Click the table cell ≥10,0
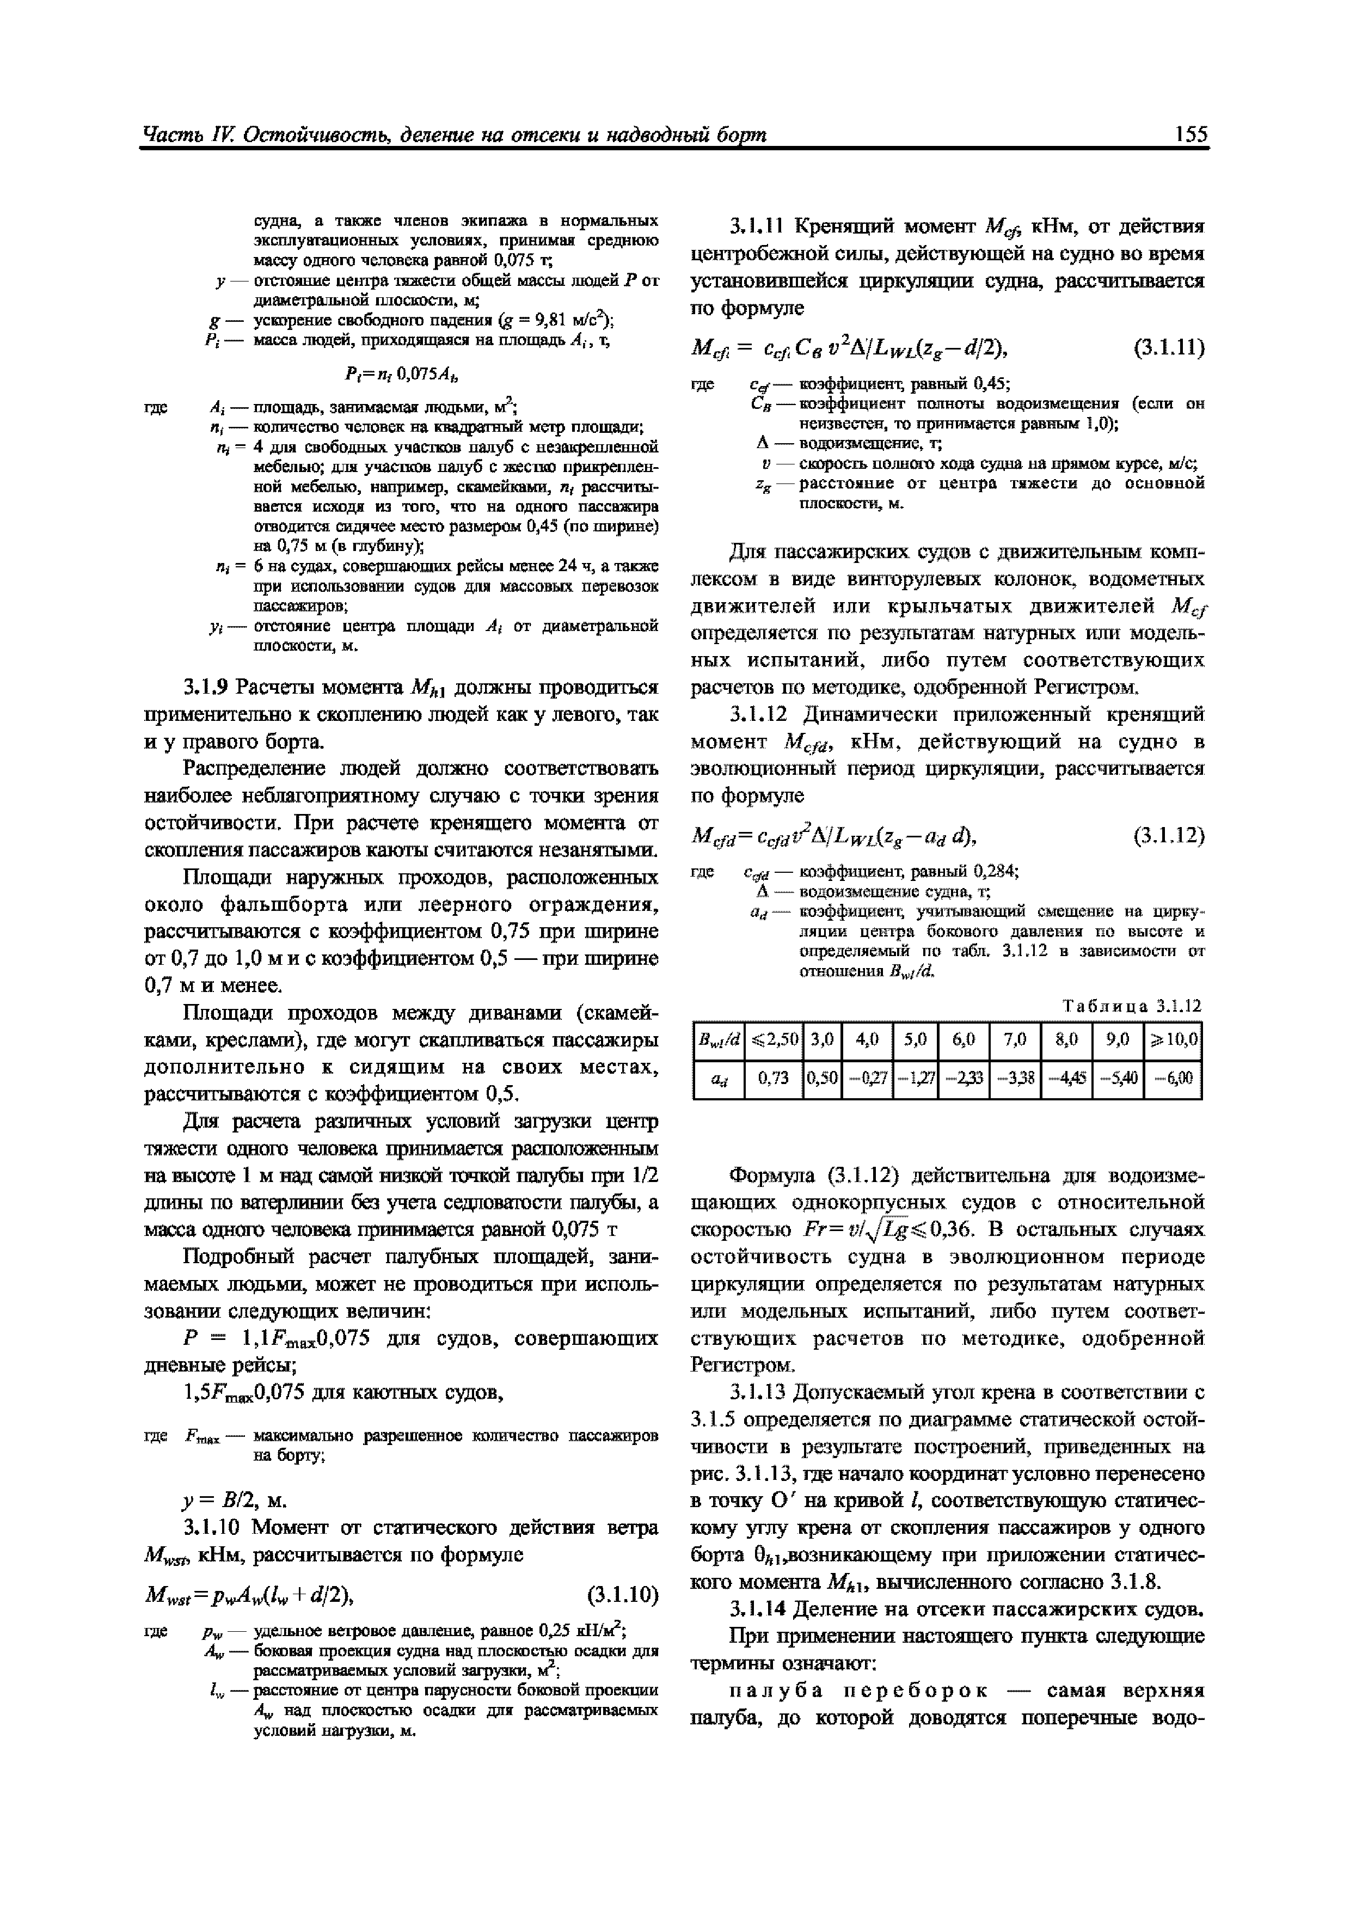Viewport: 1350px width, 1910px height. pyautogui.click(x=1174, y=1039)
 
